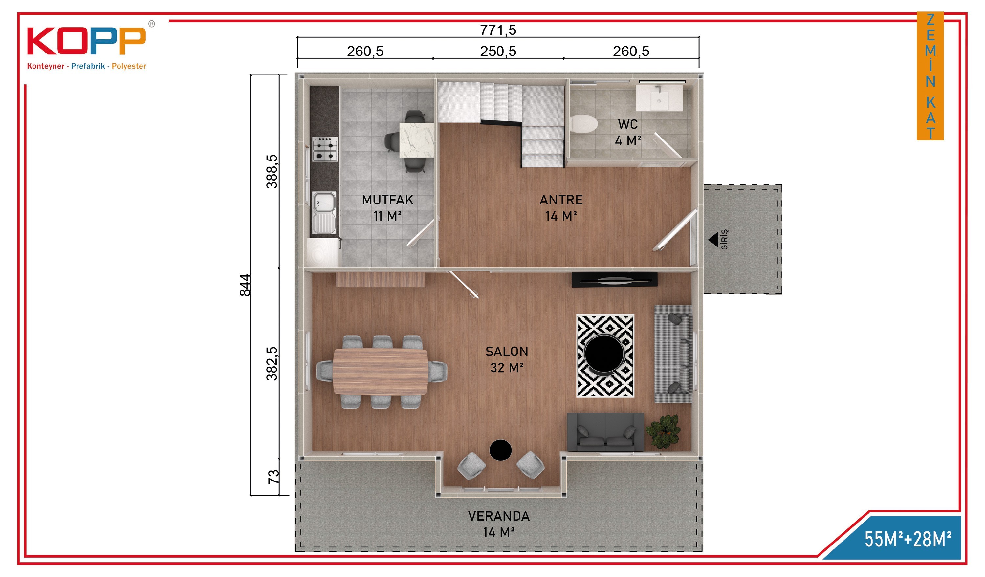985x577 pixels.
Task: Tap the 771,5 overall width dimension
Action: point(498,30)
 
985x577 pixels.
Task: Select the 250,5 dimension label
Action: point(498,51)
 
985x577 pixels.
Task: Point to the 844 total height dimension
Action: point(245,285)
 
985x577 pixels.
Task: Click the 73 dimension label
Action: point(273,477)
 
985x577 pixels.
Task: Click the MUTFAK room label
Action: point(387,200)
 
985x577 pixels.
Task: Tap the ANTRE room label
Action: point(561,200)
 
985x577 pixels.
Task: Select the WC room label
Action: point(628,124)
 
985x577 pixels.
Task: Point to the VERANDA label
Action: point(499,516)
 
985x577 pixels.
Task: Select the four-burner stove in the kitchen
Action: point(325,149)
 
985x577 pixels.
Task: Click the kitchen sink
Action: point(324,213)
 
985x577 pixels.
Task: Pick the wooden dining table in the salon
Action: point(380,372)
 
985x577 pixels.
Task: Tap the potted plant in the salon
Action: point(664,431)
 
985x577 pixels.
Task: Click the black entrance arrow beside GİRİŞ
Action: point(714,240)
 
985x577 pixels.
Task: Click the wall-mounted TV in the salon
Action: point(614,280)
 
